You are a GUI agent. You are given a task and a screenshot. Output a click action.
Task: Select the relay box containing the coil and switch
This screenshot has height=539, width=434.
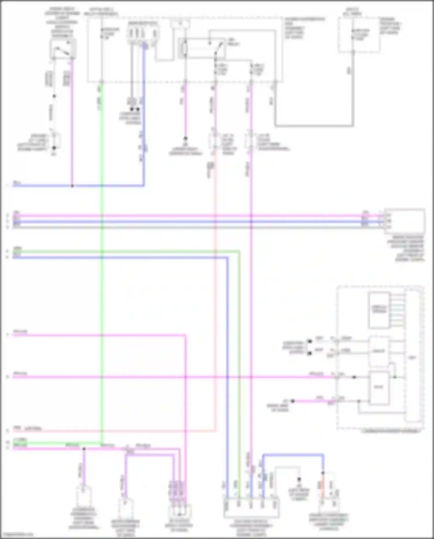202,48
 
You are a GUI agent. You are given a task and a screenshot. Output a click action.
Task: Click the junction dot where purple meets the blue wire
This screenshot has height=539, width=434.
72,186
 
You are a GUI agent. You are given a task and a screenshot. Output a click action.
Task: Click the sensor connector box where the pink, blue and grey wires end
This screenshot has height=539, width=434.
404,221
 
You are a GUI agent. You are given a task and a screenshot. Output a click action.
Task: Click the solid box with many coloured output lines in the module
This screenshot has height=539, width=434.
378,310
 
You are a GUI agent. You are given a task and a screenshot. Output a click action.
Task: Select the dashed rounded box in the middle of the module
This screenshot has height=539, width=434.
378,351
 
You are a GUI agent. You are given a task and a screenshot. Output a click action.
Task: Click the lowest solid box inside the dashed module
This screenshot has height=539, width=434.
378,388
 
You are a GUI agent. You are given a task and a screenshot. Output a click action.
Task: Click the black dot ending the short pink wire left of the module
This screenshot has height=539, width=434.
293,401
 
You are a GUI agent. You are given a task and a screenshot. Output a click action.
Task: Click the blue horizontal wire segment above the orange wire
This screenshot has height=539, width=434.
292,455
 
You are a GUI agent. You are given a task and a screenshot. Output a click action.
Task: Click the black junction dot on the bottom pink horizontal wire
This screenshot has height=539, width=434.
84,449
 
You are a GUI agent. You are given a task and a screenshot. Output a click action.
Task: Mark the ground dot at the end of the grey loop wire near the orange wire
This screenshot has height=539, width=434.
299,479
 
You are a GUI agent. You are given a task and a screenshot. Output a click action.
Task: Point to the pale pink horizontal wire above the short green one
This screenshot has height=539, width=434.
116,431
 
